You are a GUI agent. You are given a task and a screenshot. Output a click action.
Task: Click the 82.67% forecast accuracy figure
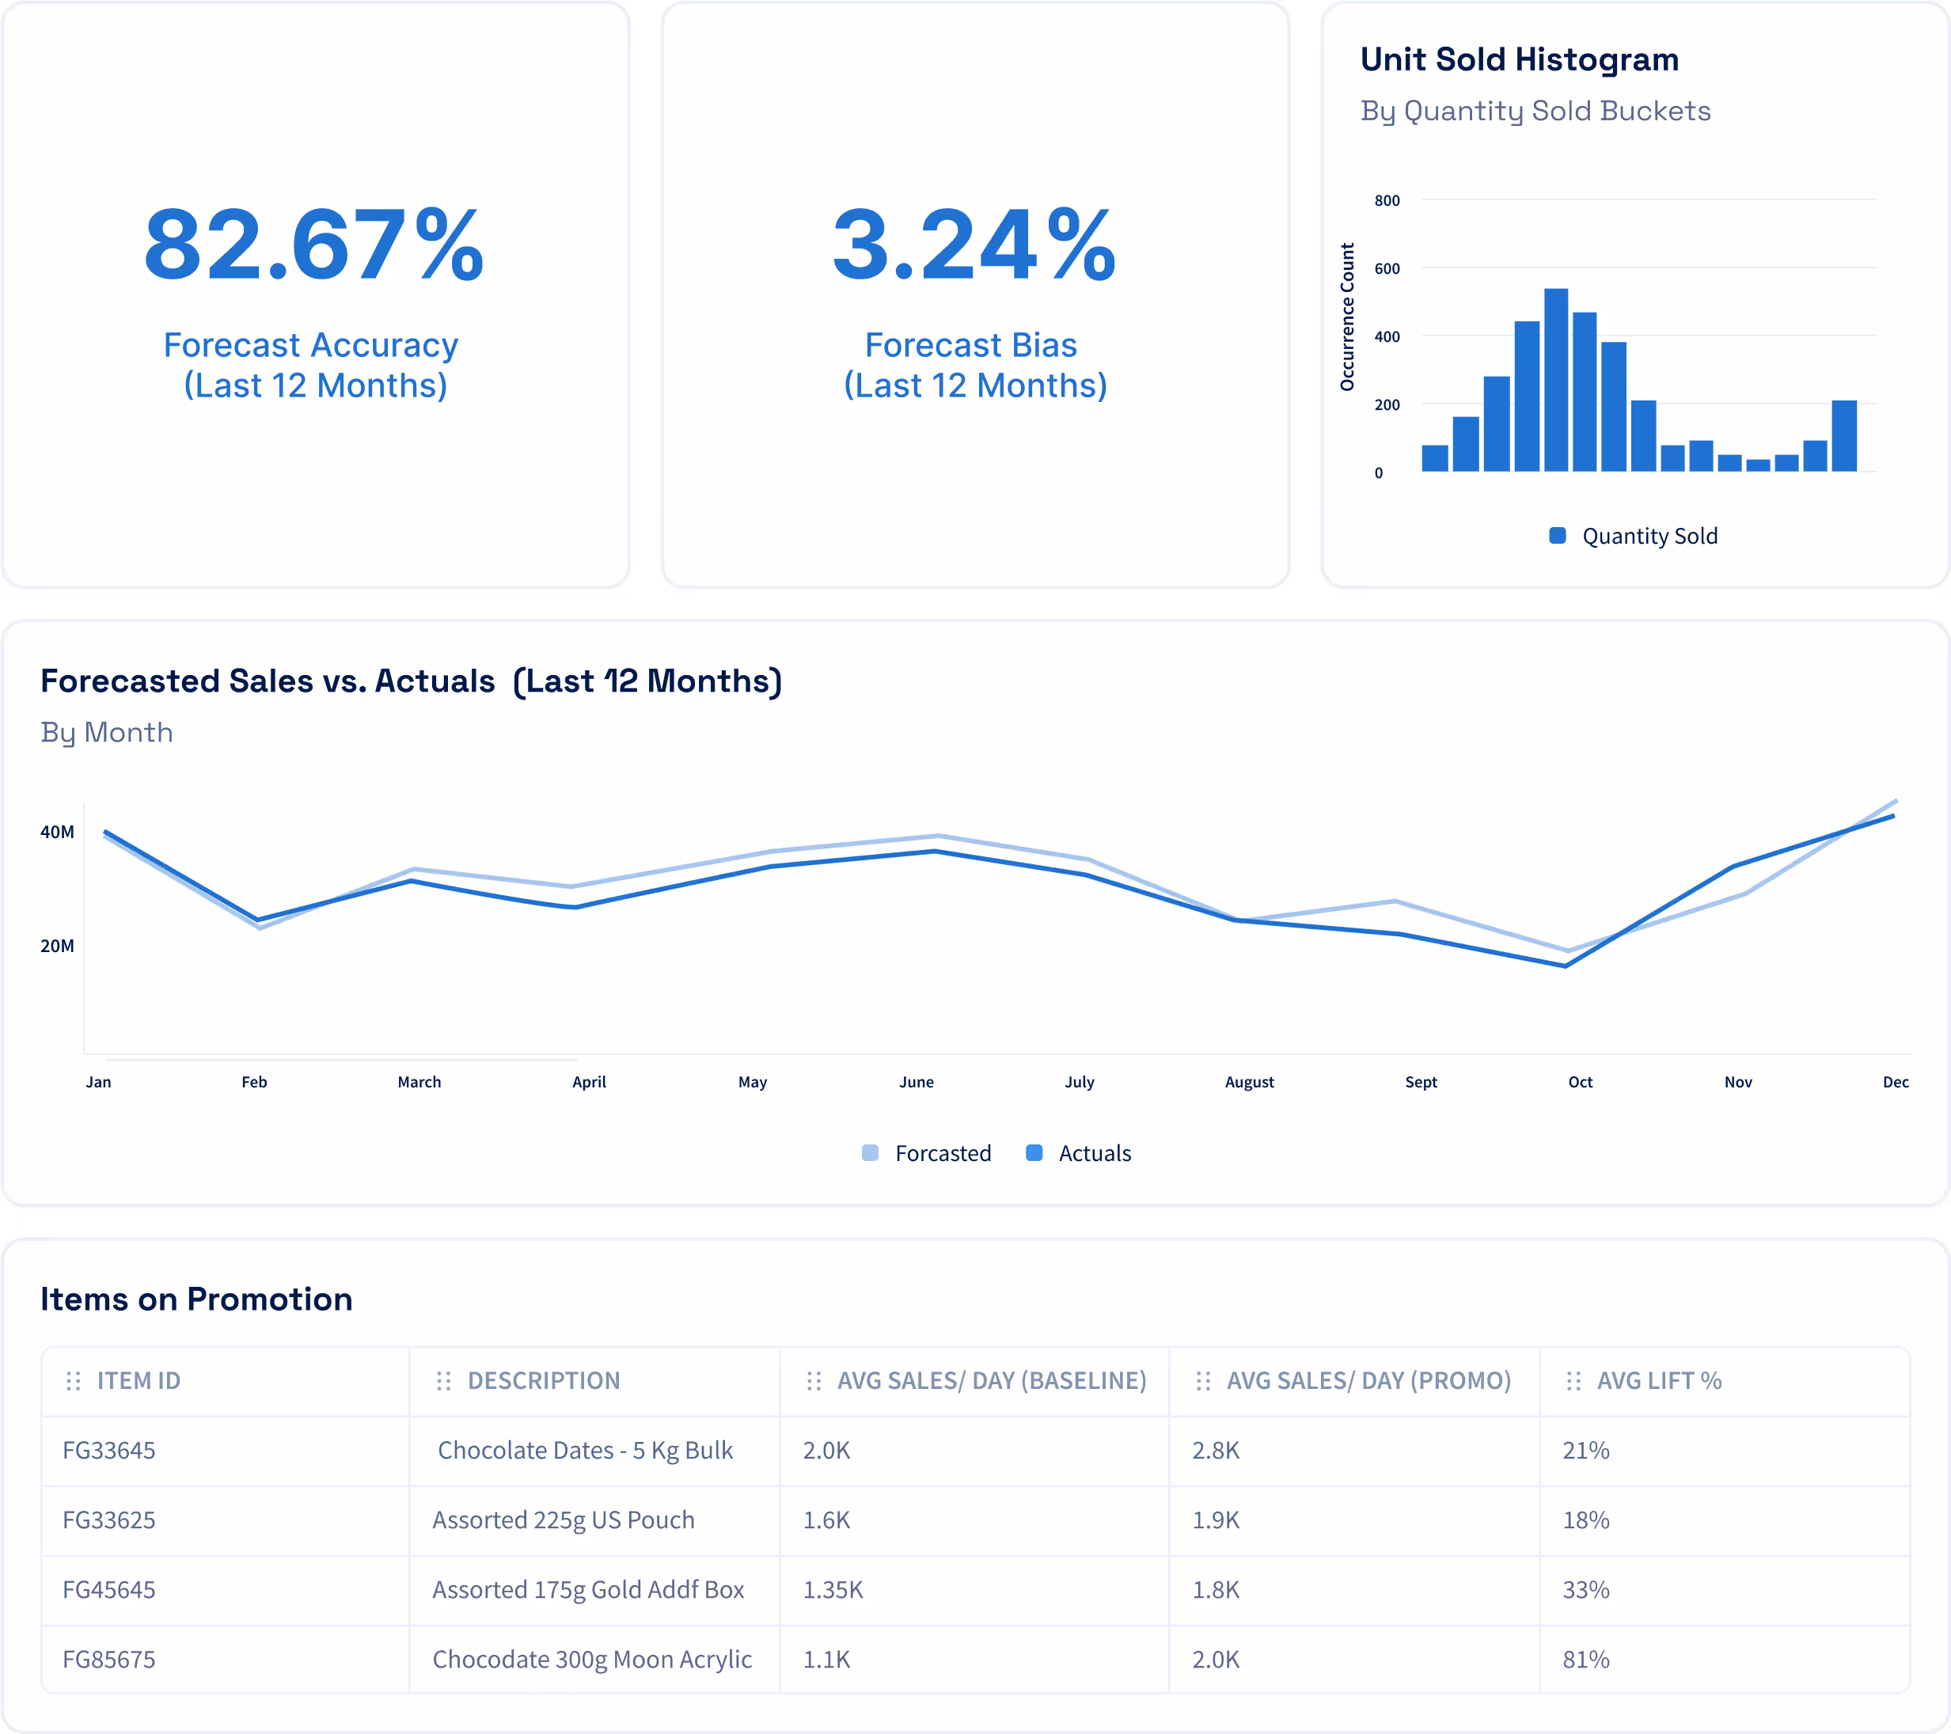pyautogui.click(x=314, y=245)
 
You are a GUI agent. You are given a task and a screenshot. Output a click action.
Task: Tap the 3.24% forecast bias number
pyautogui.click(x=974, y=245)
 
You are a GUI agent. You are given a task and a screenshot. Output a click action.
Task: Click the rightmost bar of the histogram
pyautogui.click(x=1843, y=435)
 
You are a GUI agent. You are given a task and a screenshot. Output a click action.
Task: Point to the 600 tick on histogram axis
pyautogui.click(x=1386, y=268)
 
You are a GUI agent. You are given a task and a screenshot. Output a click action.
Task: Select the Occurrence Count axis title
pyautogui.click(x=1347, y=317)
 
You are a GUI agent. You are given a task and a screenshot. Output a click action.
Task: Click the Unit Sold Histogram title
pyautogui.click(x=1519, y=59)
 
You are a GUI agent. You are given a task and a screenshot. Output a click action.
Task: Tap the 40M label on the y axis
pyautogui.click(x=57, y=831)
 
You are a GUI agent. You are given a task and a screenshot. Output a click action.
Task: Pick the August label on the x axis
pyautogui.click(x=1248, y=1081)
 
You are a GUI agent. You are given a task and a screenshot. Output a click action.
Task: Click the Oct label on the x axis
pyautogui.click(x=1580, y=1081)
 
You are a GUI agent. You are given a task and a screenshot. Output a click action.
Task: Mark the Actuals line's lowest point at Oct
pyautogui.click(x=1566, y=966)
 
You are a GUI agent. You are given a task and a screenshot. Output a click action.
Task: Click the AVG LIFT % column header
pyautogui.click(x=1658, y=1380)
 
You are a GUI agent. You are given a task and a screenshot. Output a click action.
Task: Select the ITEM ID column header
pyautogui.click(x=139, y=1380)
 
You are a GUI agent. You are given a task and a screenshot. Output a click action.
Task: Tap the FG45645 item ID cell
pyautogui.click(x=108, y=1589)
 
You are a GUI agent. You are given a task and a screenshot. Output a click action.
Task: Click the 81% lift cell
pyautogui.click(x=1585, y=1659)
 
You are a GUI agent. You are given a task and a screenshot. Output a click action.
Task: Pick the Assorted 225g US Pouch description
pyautogui.click(x=564, y=1520)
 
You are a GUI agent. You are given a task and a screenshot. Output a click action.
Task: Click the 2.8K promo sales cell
pyautogui.click(x=1215, y=1450)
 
